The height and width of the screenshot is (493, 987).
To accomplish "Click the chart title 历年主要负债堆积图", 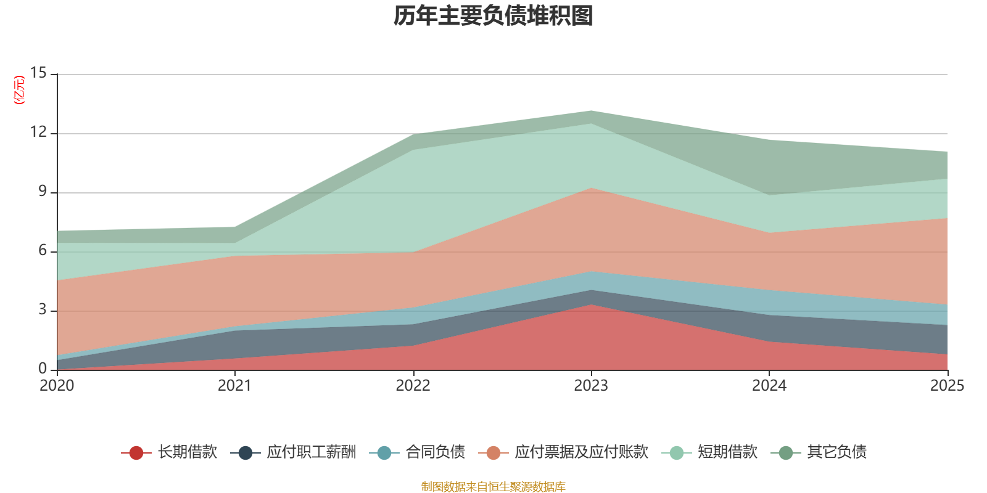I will point(493,16).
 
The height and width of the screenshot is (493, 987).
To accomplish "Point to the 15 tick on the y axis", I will point(38,73).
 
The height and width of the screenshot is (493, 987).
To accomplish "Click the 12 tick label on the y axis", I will point(38,132).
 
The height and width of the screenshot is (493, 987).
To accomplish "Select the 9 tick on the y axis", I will point(43,192).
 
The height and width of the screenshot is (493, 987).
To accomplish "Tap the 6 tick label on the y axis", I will point(43,251).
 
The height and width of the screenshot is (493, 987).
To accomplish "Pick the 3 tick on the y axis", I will point(43,310).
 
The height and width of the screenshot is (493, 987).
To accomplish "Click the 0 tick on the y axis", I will point(43,369).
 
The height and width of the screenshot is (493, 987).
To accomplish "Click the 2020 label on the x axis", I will point(57,386).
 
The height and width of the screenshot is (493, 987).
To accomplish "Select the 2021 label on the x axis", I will point(234,386).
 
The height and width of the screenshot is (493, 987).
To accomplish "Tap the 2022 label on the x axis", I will point(413,386).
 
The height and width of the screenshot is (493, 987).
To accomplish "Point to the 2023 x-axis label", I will point(591,386).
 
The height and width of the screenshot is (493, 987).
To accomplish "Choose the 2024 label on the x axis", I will point(769,386).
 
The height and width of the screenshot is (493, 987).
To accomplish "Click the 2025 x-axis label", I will point(947,386).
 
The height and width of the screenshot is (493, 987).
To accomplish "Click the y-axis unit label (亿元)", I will point(20,90).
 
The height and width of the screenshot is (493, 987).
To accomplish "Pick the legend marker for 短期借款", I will point(677,453).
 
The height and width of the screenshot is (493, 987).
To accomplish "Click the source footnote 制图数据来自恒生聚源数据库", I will point(493,487).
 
